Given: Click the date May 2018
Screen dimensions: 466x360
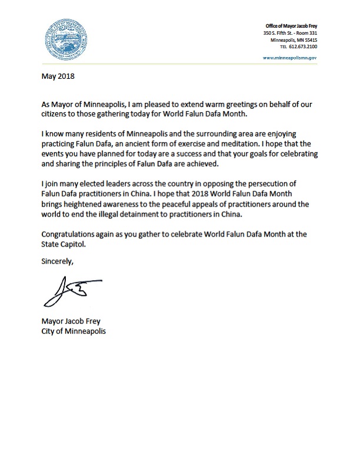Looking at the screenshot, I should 56,76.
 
